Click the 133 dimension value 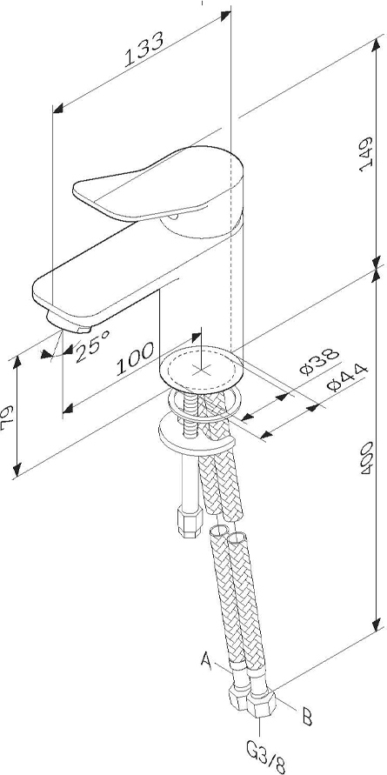click(x=143, y=50)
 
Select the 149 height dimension click(x=366, y=154)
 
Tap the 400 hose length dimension click(x=367, y=459)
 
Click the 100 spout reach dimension click(x=135, y=359)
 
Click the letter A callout click(x=207, y=659)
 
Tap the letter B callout click(x=307, y=717)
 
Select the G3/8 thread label click(x=266, y=756)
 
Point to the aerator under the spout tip click(x=70, y=322)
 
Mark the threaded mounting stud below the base click(x=190, y=416)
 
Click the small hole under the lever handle click(x=173, y=217)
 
